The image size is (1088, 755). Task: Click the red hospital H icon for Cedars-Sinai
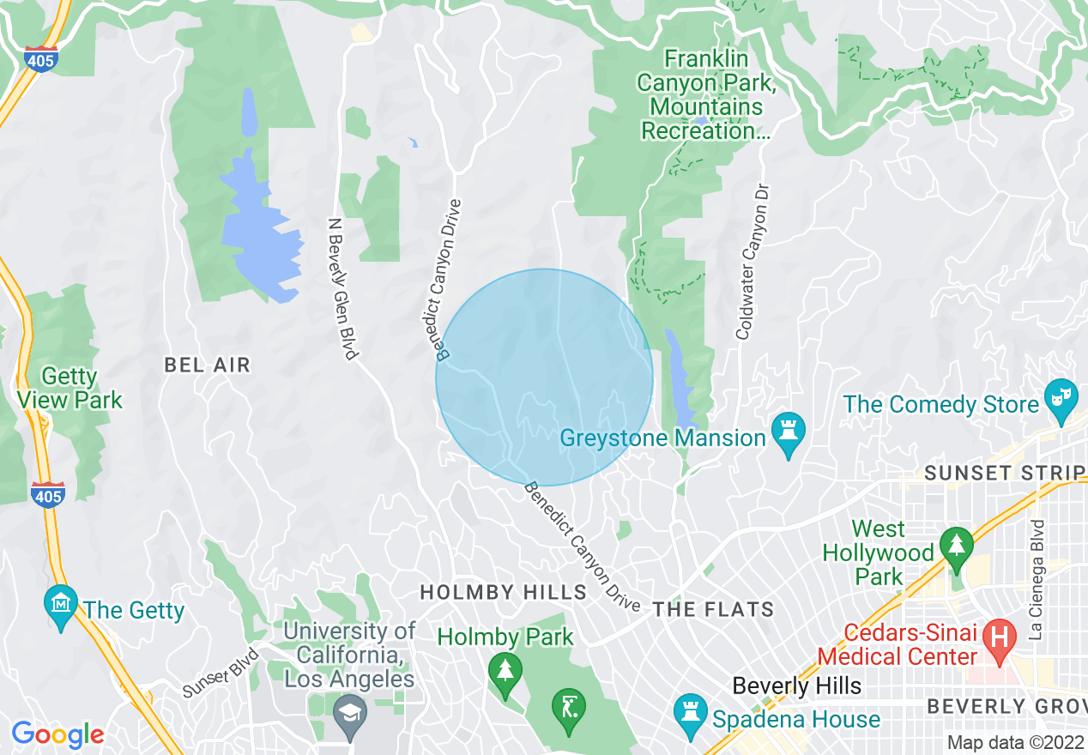[999, 637]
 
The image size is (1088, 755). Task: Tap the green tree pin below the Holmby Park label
[505, 668]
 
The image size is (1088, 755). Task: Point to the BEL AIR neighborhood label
[208, 365]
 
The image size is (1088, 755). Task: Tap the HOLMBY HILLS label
[503, 592]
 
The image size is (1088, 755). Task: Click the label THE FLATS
[713, 610]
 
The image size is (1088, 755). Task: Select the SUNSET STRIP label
[1004, 474]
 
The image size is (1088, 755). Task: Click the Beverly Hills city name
[796, 686]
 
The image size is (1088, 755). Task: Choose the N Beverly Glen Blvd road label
[342, 287]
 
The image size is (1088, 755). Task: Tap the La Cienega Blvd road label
[1037, 579]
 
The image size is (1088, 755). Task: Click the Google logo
[57, 734]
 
